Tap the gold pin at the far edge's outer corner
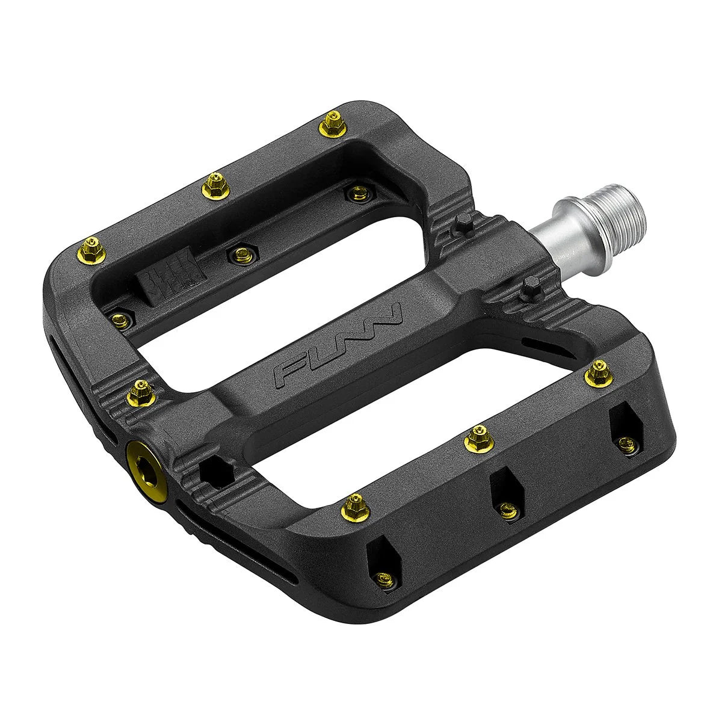coord(93,248)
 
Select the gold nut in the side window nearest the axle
coord(628,443)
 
